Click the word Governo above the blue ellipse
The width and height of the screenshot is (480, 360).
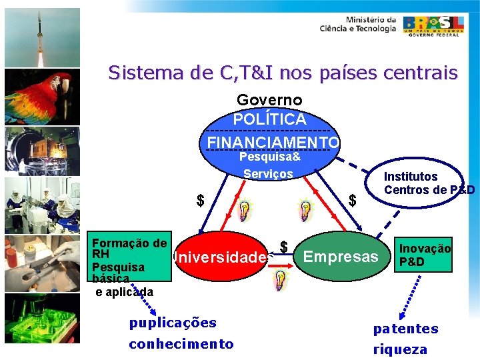click(x=269, y=100)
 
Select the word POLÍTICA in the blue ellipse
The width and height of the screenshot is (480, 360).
click(x=269, y=120)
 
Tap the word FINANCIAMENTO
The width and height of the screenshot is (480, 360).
click(x=273, y=143)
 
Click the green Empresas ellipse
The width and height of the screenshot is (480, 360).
click(x=341, y=257)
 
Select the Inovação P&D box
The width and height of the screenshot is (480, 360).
click(x=425, y=255)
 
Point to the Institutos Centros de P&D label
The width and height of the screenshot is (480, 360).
click(x=429, y=183)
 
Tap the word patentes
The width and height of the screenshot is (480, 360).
click(x=405, y=329)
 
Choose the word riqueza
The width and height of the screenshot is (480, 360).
click(x=400, y=349)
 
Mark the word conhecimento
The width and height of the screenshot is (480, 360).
click(x=181, y=344)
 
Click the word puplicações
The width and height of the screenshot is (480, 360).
click(x=173, y=323)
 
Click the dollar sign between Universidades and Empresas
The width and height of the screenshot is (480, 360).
click(x=284, y=247)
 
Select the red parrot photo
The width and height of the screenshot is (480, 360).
click(x=42, y=96)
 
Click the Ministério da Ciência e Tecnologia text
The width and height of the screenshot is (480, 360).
click(x=357, y=24)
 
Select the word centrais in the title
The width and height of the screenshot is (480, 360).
click(x=425, y=72)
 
